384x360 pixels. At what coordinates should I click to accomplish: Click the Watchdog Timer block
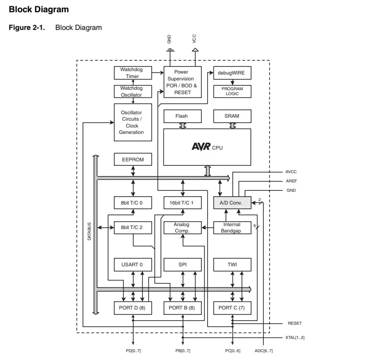[132, 73]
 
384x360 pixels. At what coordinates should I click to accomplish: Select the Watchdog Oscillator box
[132, 92]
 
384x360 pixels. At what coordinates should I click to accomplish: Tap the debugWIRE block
[232, 73]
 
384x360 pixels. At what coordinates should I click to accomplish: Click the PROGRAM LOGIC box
[232, 92]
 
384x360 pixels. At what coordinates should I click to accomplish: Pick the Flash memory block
[182, 116]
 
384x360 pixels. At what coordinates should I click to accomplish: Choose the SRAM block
[232, 116]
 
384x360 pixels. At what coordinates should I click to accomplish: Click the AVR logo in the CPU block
[201, 147]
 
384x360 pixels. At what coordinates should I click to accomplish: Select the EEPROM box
[133, 159]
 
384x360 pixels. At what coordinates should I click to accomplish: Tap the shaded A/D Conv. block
[232, 203]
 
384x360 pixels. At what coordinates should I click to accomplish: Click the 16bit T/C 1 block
[182, 203]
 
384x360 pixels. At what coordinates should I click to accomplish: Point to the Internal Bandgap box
[232, 228]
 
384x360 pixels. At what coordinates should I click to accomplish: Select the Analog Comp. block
[182, 228]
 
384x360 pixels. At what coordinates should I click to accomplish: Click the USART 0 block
[133, 265]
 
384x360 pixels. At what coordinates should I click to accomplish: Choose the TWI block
[232, 265]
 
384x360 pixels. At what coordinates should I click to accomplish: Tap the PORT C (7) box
[232, 308]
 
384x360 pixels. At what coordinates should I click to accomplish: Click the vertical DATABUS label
[89, 231]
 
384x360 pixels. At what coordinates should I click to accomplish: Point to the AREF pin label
[291, 181]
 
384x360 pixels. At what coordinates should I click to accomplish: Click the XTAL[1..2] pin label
[295, 337]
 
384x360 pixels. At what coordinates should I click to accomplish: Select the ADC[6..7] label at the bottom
[264, 351]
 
